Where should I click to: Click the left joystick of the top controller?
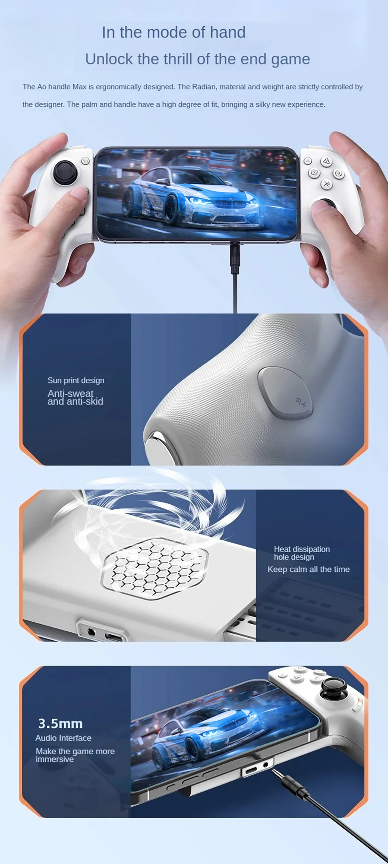(x=65, y=172)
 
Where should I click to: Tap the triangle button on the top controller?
(x=326, y=161)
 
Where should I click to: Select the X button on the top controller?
(x=326, y=184)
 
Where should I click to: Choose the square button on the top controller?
(x=314, y=173)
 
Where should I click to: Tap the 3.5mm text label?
(x=60, y=724)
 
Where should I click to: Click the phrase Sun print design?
(x=76, y=380)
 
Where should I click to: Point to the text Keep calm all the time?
(x=309, y=570)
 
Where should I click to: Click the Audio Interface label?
(x=63, y=738)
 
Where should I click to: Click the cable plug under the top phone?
(x=235, y=257)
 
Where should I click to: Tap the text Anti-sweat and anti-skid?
(x=75, y=397)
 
